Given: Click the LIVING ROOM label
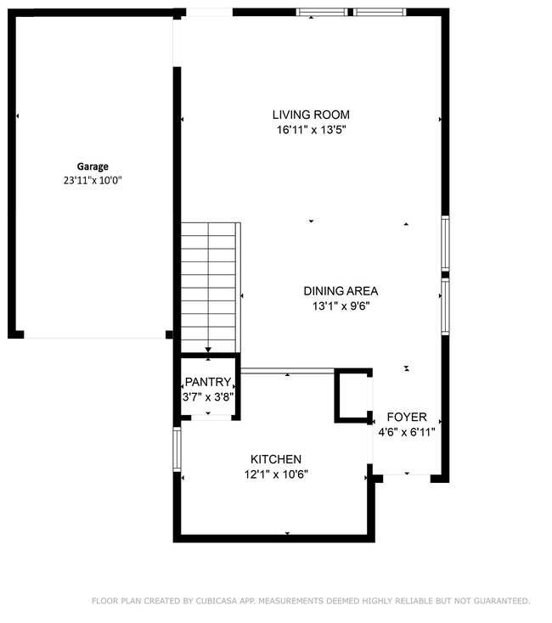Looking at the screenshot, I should click(311, 115).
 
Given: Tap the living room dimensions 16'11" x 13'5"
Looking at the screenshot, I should click(311, 130).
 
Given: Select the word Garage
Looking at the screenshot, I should click(93, 166).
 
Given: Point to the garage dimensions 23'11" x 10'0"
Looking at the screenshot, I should click(93, 180).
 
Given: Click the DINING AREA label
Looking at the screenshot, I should click(341, 291).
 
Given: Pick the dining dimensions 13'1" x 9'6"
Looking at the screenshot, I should click(341, 306).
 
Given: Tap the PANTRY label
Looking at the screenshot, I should click(208, 382).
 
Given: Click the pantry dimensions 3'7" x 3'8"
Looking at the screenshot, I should click(208, 396).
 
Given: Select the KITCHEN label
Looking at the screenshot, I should click(276, 459).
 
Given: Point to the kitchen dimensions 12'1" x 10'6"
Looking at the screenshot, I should click(276, 474).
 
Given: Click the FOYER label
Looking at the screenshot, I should click(407, 418).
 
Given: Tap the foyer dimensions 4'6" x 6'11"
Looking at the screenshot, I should click(407, 432).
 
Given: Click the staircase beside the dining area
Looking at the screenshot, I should click(209, 287).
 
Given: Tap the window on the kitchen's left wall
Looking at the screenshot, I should click(177, 448).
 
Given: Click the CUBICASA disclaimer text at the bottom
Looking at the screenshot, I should click(311, 601).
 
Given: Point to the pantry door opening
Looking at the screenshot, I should click(208, 417).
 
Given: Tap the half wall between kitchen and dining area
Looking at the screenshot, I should click(289, 370).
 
